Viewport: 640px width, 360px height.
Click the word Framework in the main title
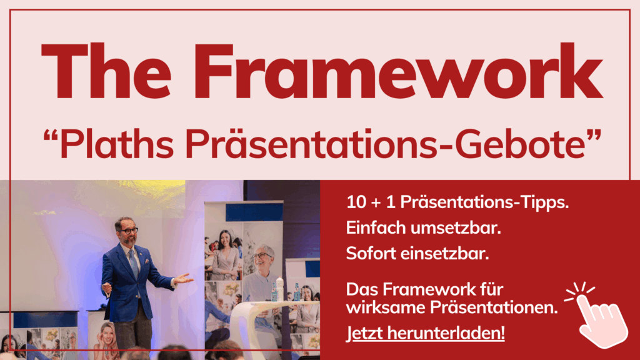pos(398,71)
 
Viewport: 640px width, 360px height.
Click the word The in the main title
pos(106,71)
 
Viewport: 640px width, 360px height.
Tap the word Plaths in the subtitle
pos(117,144)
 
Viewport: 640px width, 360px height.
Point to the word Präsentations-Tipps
pos(484,202)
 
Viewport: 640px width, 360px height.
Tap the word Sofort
pos(371,254)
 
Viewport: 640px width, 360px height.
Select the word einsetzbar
pos(444,254)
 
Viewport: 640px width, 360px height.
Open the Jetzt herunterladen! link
pos(425,333)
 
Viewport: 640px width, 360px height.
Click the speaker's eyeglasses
pos(128,231)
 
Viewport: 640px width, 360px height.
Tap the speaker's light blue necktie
pos(134,264)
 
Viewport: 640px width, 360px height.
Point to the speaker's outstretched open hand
pos(182,279)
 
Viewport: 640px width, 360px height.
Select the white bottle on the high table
pos(279,289)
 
